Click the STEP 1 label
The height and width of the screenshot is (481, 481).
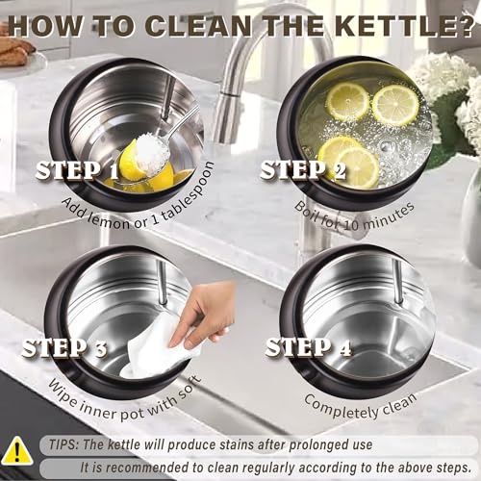point(77,170)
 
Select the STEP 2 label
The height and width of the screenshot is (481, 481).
point(303,170)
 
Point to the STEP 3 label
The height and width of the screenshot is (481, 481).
point(64,347)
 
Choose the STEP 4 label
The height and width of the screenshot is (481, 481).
point(309,347)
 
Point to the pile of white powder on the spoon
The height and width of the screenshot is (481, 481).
point(151,152)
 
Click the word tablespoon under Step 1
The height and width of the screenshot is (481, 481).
point(187,193)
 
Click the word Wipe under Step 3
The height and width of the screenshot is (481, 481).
point(63,393)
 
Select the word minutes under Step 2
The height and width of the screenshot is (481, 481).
point(389,215)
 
